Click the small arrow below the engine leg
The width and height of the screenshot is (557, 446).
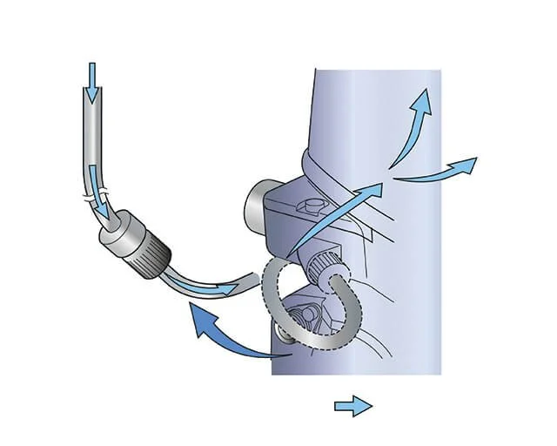353,406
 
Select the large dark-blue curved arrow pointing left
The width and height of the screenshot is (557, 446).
226,335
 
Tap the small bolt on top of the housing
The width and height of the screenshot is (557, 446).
311,206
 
